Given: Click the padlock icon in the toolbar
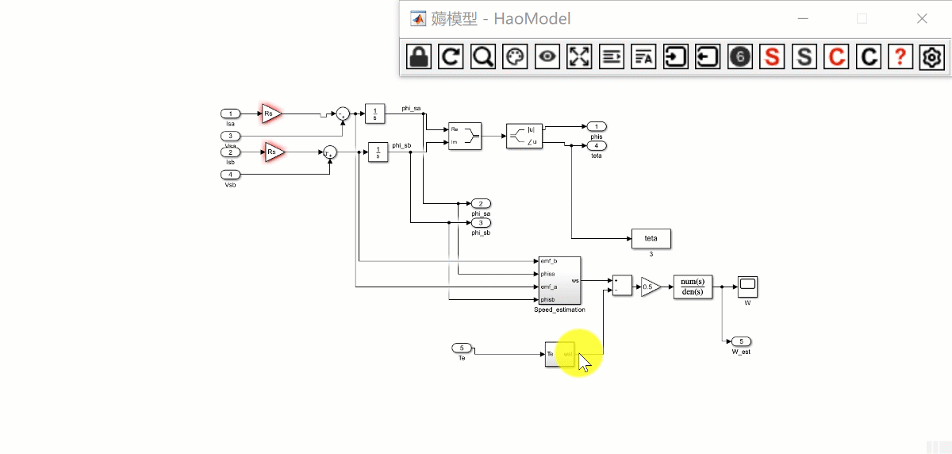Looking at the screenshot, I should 418,56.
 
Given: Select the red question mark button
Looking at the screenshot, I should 900,56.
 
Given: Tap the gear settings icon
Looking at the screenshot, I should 931,56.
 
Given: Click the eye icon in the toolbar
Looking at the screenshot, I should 547,56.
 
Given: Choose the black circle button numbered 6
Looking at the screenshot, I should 739,56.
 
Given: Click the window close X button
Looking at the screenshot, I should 922,19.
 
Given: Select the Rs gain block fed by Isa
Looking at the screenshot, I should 271,114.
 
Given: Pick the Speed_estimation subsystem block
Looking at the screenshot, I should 559,280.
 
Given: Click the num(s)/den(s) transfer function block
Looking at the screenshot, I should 693,287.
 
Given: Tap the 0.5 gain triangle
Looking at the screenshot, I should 650,287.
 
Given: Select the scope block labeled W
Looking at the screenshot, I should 747,286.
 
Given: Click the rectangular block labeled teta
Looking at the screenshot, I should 651,238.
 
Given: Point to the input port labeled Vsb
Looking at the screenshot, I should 230,175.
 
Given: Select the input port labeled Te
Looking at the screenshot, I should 462,348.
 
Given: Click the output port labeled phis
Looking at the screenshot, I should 597,126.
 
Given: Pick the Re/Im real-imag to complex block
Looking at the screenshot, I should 465,135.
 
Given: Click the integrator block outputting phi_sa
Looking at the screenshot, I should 374,114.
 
